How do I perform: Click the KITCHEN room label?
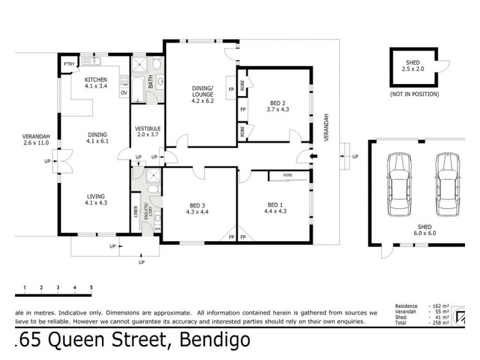(95, 79)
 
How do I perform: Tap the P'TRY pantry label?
(68, 64)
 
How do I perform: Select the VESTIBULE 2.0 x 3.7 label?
(146, 131)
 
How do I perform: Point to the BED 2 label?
(277, 102)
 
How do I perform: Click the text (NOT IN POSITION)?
(413, 94)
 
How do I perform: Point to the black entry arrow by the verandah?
(311, 158)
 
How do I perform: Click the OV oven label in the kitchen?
(124, 93)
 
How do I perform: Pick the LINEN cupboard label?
(136, 213)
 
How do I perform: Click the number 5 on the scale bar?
(91, 288)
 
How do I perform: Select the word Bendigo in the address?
(211, 341)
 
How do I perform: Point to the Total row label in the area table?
(400, 323)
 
